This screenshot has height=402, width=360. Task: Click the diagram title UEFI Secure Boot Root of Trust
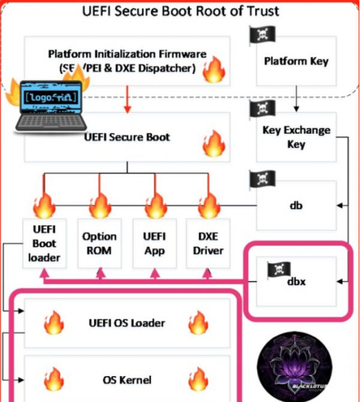181,11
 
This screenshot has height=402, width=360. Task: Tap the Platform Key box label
296,61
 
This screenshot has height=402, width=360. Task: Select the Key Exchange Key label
296,137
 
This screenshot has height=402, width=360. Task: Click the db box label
296,206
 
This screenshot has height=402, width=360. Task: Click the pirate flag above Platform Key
262,35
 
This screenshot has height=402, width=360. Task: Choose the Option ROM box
100,244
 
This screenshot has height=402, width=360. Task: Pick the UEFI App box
156,244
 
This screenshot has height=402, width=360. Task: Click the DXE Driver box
208,244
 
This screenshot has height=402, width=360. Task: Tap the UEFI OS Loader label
127,323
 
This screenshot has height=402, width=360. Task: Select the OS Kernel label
127,379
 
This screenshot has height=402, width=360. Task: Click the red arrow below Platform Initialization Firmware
127,99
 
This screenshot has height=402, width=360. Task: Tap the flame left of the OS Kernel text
54,379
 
